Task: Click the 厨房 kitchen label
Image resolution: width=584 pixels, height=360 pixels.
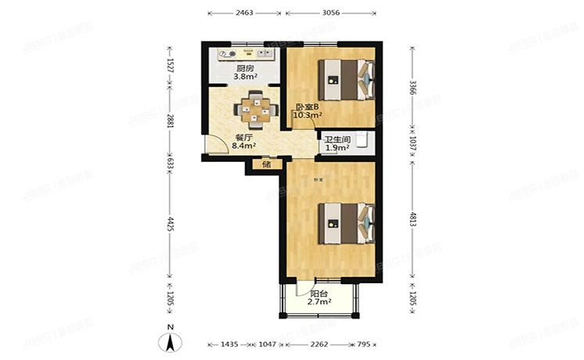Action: pyautogui.click(x=245, y=68)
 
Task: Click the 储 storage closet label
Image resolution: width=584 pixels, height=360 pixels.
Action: pyautogui.click(x=266, y=164)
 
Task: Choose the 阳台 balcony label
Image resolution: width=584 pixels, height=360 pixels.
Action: pyautogui.click(x=319, y=293)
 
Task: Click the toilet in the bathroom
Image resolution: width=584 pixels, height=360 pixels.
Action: pyautogui.click(x=363, y=140)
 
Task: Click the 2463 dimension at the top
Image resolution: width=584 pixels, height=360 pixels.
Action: pyautogui.click(x=243, y=13)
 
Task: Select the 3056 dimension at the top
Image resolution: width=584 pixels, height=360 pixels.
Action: pyautogui.click(x=332, y=13)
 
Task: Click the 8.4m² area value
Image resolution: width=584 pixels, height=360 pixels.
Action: pyautogui.click(x=244, y=144)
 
